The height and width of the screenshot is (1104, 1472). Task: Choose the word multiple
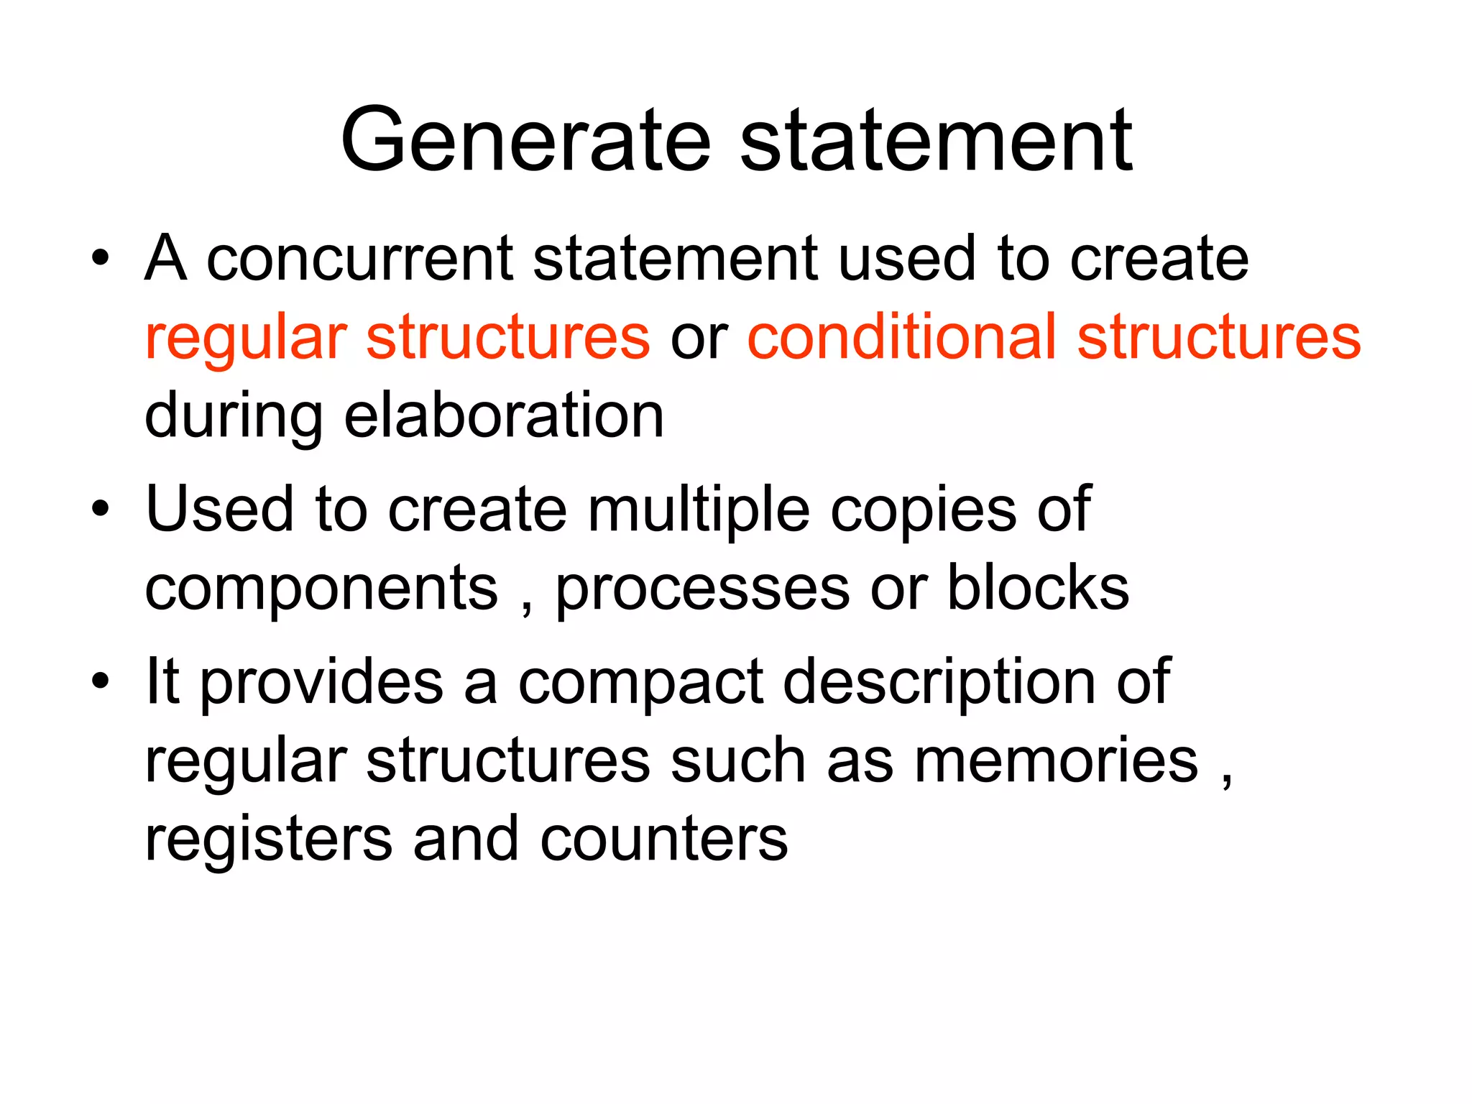(699, 510)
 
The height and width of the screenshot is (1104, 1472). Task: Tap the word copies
(923, 510)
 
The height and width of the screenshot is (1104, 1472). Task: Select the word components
(321, 589)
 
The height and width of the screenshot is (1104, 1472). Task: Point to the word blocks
(1038, 589)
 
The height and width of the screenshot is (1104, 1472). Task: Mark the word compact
(640, 682)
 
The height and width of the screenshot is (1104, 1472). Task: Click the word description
(939, 682)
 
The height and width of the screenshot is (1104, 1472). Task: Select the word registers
(269, 839)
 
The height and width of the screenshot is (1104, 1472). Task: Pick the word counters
(663, 839)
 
